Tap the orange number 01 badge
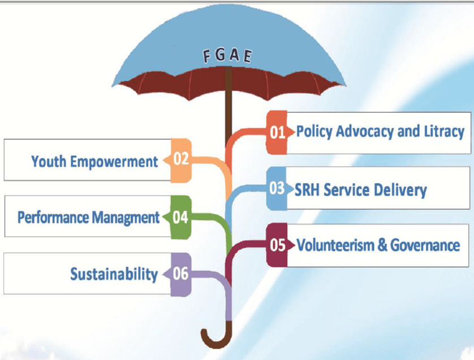[x=277, y=132]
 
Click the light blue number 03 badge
[x=277, y=188]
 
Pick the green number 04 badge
[x=180, y=216]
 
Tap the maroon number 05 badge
[x=278, y=245]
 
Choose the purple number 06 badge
[x=180, y=274]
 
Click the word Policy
[x=314, y=132]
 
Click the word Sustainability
[x=114, y=275]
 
